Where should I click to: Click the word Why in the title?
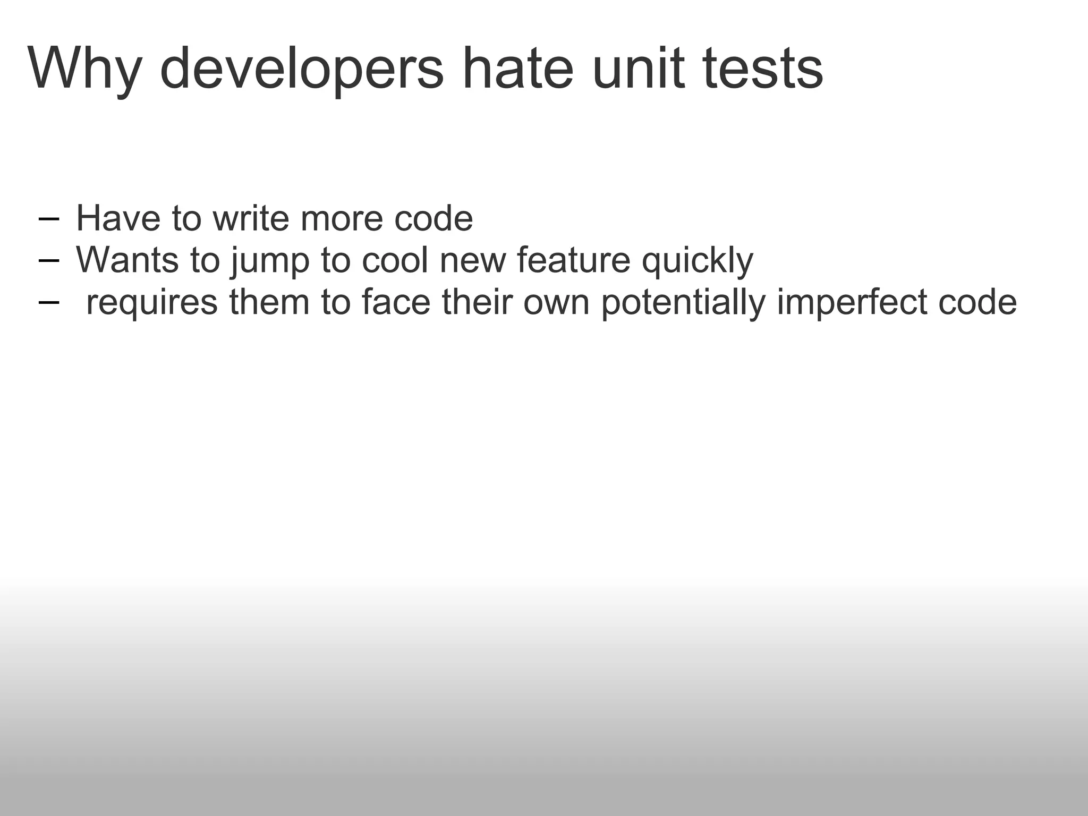click(x=85, y=69)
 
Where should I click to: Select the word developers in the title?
click(x=301, y=69)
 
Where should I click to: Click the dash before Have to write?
click(x=49, y=219)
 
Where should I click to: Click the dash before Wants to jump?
click(x=49, y=261)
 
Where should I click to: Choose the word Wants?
click(x=127, y=260)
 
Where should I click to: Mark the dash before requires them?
click(x=49, y=302)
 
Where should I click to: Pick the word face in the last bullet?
click(x=396, y=302)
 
